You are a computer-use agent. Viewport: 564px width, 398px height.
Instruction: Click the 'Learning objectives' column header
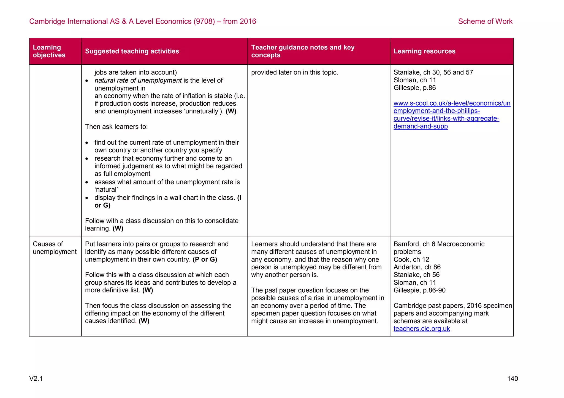(x=49, y=51)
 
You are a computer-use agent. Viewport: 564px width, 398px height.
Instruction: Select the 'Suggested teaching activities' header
(x=132, y=51)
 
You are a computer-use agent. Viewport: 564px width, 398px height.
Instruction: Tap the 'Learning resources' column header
(x=424, y=51)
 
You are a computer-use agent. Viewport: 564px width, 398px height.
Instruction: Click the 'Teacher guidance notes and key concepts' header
(x=303, y=51)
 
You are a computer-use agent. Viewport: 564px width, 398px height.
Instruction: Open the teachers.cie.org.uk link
(x=421, y=329)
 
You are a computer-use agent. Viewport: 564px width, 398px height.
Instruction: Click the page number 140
(x=512, y=379)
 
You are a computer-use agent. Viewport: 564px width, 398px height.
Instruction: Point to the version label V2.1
(x=36, y=379)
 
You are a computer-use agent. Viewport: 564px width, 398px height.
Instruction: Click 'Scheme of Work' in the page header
(x=485, y=21)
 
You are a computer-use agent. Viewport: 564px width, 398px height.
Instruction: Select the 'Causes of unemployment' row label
(x=55, y=248)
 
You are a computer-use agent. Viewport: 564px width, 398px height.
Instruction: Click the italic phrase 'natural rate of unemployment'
(x=138, y=81)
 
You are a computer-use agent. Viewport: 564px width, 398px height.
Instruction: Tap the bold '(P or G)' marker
(x=205, y=259)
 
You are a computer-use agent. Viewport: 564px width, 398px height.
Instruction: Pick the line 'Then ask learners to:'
(x=116, y=127)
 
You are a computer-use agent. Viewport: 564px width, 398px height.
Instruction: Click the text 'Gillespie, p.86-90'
(x=419, y=290)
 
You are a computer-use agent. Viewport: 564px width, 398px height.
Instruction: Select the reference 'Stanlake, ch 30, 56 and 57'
(x=433, y=72)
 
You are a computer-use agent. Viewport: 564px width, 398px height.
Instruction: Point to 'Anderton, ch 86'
(x=417, y=267)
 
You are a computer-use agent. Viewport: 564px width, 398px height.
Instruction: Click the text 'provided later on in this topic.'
(x=294, y=72)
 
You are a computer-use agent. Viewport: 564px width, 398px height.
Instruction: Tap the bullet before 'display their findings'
(x=87, y=198)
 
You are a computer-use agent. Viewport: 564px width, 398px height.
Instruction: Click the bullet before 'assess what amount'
(x=87, y=182)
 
